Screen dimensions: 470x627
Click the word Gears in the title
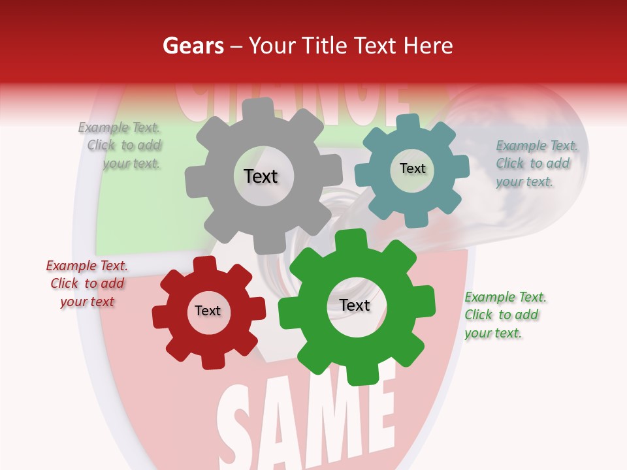click(x=193, y=46)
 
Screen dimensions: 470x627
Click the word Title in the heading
click(x=325, y=46)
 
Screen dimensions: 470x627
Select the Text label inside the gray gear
click(x=261, y=176)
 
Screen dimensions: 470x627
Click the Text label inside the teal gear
click(x=412, y=168)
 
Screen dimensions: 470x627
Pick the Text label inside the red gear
click(x=208, y=311)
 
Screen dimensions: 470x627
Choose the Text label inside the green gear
click(x=355, y=305)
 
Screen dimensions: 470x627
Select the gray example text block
click(x=121, y=146)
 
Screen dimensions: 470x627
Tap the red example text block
click(x=87, y=283)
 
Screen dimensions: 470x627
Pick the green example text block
click(x=503, y=315)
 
